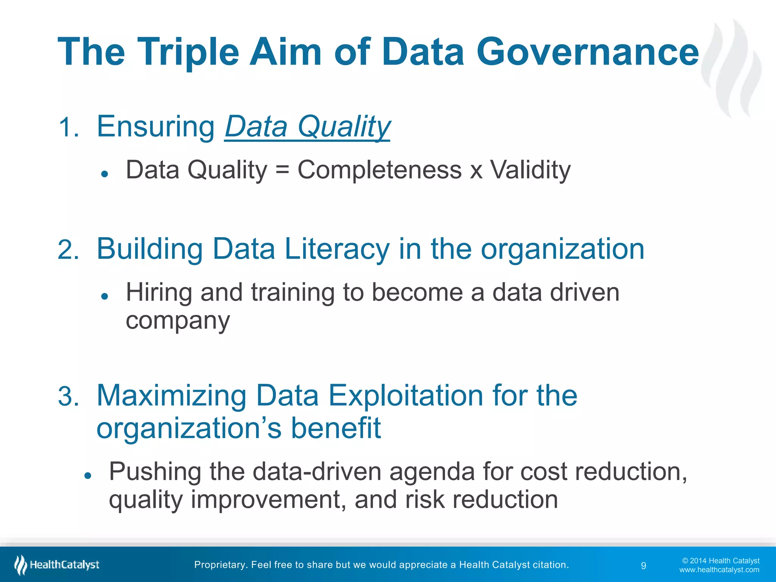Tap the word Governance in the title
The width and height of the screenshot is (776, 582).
point(587,52)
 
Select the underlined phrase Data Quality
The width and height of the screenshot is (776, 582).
point(307,127)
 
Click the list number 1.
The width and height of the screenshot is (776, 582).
point(69,128)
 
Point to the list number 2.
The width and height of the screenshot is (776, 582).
point(69,250)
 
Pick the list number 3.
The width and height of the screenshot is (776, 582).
point(69,397)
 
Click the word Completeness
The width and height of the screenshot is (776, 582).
point(379,170)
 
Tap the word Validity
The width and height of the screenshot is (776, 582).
point(530,170)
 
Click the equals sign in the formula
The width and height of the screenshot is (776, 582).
point(282,170)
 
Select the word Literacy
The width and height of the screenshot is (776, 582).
point(337,249)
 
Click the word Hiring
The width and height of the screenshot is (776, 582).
point(159,293)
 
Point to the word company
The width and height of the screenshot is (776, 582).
point(178,321)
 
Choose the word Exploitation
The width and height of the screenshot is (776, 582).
point(405,396)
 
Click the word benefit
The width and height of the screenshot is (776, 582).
point(335,428)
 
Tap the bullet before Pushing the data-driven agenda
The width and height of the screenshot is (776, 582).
point(88,476)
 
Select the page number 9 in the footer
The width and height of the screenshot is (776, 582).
point(643,566)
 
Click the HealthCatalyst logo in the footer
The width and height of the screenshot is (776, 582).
point(57,565)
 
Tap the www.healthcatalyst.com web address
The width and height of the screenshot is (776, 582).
point(719,570)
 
